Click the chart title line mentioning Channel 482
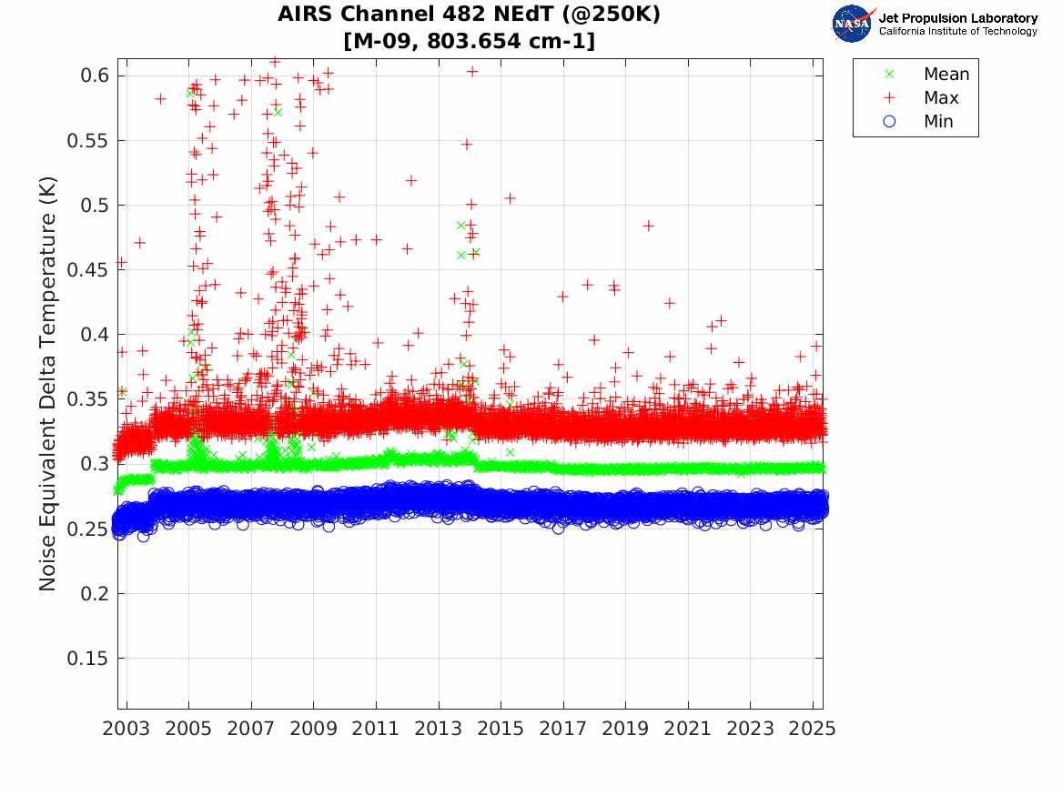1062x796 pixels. tap(469, 15)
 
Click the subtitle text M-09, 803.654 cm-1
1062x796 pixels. tap(469, 41)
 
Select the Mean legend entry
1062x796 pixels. tap(946, 75)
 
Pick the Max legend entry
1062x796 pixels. tap(940, 98)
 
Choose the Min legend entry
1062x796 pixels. tap(938, 122)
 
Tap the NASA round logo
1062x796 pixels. tap(853, 23)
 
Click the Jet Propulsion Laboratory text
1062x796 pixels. tap(957, 18)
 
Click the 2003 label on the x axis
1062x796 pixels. tap(126, 729)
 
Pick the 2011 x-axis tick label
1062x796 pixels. tap(376, 729)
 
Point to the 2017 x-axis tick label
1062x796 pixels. tap(563, 729)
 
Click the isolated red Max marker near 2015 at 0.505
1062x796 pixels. tap(511, 197)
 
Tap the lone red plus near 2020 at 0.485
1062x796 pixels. tap(649, 225)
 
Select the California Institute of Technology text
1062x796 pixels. tap(957, 32)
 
